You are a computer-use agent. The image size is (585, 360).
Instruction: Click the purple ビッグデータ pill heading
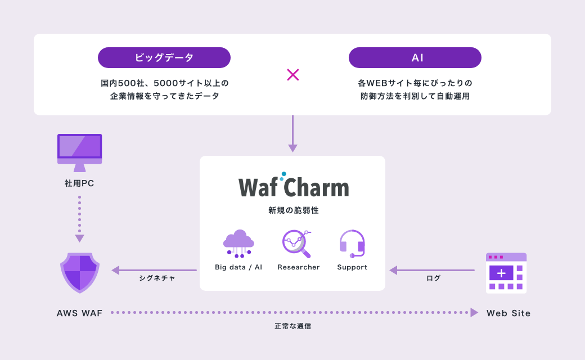[x=164, y=57]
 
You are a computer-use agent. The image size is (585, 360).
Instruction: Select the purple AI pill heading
[x=415, y=57]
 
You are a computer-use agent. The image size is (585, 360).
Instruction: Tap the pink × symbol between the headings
[x=292, y=75]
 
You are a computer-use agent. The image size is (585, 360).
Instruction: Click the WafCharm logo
[x=293, y=186]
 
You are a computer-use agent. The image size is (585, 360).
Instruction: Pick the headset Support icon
[x=352, y=244]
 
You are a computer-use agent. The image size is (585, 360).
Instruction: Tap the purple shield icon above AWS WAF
[x=80, y=272]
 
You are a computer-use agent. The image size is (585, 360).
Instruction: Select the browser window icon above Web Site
[x=506, y=273]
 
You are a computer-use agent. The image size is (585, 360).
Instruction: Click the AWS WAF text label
[x=79, y=313]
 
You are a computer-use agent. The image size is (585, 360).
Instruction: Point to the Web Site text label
[x=508, y=313]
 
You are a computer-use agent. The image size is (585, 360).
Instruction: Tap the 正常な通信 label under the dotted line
[x=292, y=326]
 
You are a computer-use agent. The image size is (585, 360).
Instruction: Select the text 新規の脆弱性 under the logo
[x=292, y=210]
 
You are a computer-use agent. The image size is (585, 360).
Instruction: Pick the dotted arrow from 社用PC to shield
[x=79, y=218]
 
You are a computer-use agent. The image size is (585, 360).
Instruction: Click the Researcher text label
[x=298, y=267]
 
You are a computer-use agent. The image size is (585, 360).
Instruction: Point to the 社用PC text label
[x=79, y=183]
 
